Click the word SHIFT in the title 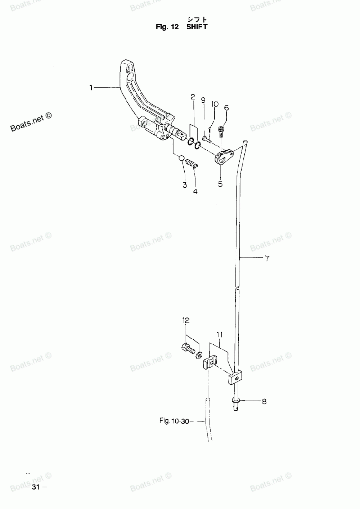coord(197,27)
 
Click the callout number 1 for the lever coord(91,87)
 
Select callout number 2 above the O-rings coord(193,97)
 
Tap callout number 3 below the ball coord(185,185)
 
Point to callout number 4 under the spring coord(195,192)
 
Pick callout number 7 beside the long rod coord(267,258)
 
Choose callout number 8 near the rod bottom coord(264,401)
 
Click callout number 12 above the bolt coord(186,320)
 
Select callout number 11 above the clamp coord(220,335)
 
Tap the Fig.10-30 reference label coord(174,421)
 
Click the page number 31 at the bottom coord(35,487)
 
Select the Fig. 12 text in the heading coord(167,27)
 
